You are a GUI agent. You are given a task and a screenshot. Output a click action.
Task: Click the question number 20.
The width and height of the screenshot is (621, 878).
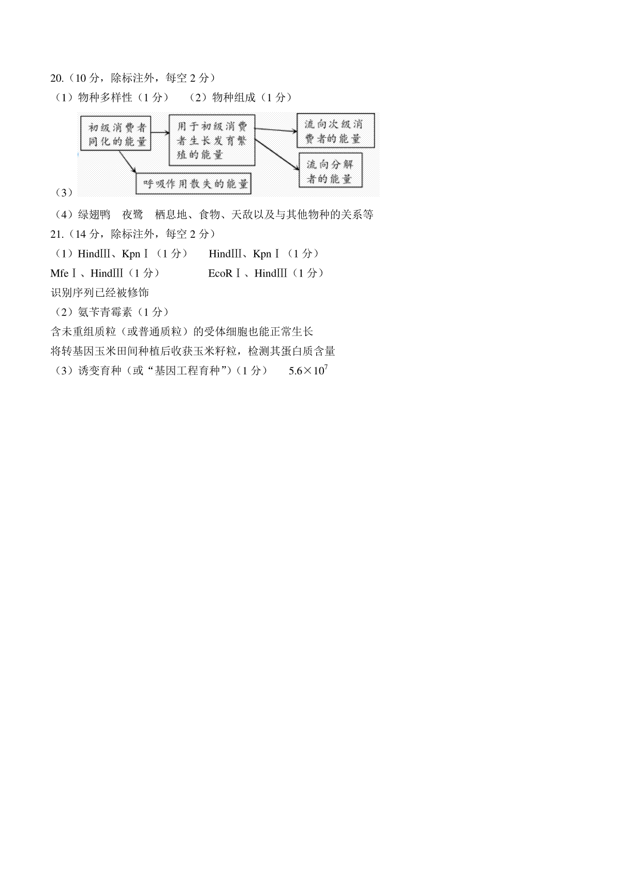[57, 78]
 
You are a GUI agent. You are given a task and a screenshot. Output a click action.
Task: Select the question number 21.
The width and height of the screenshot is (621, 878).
[57, 234]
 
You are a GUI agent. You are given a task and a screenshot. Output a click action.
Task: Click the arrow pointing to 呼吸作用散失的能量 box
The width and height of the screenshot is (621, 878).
[127, 161]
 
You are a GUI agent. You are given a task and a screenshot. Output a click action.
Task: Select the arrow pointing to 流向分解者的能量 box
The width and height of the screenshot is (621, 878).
[277, 155]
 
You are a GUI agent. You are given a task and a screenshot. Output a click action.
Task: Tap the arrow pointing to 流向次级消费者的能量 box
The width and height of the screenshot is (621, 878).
[276, 130]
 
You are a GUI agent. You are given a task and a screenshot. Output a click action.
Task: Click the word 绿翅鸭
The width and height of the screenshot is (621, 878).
[94, 215]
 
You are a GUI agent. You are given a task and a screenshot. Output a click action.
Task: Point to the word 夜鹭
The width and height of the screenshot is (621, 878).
[132, 215]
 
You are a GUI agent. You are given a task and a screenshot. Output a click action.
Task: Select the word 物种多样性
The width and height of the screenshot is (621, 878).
[105, 97]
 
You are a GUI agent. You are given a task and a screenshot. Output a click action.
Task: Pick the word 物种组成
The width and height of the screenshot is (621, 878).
[234, 97]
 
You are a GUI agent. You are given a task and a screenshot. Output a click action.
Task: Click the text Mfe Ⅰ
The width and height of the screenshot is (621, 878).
[63, 273]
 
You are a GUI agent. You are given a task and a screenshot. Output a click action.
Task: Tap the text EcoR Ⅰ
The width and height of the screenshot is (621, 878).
[224, 273]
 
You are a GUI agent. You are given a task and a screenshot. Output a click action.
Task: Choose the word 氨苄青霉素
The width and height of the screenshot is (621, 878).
[105, 312]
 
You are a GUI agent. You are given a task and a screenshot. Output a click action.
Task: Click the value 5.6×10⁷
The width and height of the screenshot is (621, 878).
[308, 370]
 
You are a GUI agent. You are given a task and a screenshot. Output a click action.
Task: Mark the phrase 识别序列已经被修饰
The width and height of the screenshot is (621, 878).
[100, 292]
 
